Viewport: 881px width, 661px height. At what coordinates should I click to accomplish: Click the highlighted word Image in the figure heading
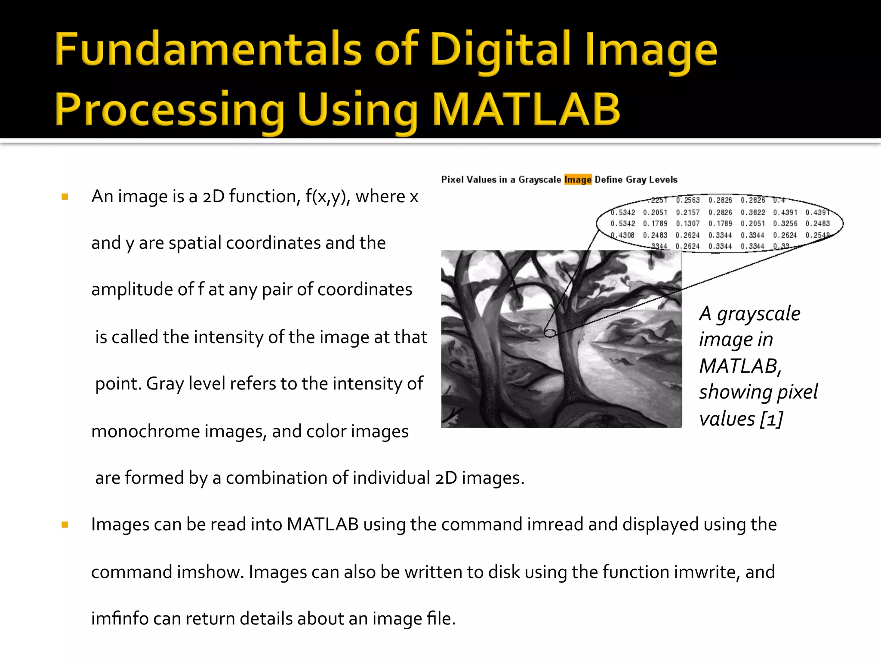coord(578,179)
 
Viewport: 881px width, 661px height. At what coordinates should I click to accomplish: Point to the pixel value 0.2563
coord(687,200)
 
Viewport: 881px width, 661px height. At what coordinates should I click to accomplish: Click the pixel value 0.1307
coord(687,224)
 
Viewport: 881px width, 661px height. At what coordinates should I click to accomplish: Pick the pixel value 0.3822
coord(753,213)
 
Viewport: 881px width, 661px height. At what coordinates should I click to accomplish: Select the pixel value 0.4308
coord(622,235)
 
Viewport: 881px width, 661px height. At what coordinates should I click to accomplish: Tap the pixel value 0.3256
coord(785,224)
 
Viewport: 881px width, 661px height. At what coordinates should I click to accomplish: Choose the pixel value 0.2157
coord(687,213)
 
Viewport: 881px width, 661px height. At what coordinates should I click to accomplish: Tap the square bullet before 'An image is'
coord(65,197)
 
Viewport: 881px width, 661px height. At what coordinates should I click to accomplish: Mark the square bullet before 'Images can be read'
coord(65,525)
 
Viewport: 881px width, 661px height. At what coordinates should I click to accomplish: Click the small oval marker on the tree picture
coord(550,333)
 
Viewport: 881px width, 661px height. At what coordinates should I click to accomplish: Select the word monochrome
coord(145,431)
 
